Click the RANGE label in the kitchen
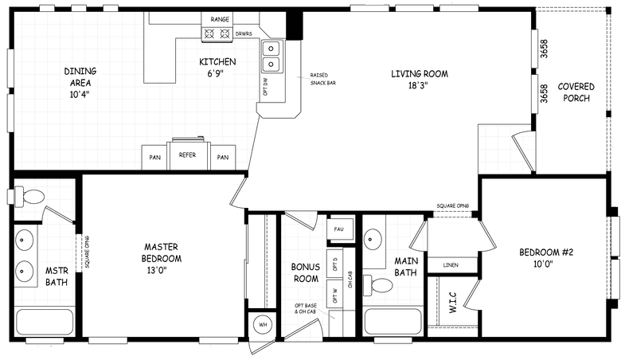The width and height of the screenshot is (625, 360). [221, 18]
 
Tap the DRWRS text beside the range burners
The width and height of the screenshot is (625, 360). [244, 33]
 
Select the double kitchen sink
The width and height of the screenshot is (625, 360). [272, 54]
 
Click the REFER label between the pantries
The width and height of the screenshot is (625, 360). [188, 156]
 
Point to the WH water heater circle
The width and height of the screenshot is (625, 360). [262, 325]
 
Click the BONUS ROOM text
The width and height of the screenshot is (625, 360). [304, 272]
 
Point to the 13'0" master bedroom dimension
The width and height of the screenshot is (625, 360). [162, 270]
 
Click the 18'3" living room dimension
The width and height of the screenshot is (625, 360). [420, 85]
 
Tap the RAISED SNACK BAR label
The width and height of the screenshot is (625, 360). [322, 78]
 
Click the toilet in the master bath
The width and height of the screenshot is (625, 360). [32, 196]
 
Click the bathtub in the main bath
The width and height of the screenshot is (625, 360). [393, 323]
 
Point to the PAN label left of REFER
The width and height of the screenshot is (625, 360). [154, 157]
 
